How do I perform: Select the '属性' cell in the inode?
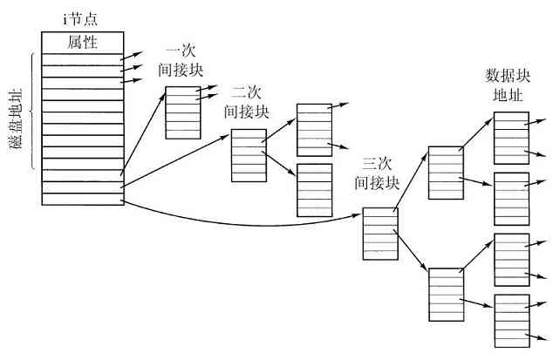click(82, 41)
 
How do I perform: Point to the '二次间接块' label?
click(247, 102)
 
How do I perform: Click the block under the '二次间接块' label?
click(248, 155)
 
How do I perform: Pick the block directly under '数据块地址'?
click(510, 137)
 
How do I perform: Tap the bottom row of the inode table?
click(82, 200)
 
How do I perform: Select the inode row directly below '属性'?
click(82, 59)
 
